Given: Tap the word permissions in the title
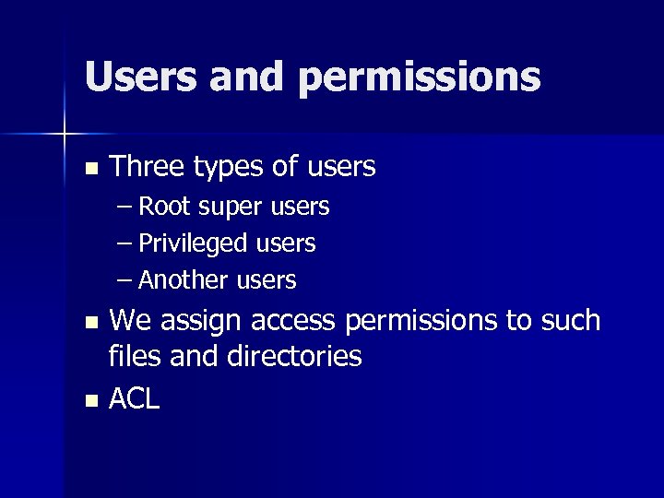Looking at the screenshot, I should [x=419, y=78].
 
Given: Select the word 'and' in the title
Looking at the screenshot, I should [x=248, y=77].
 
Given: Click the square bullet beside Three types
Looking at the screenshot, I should [x=89, y=169].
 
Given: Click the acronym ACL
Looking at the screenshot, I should [x=135, y=398].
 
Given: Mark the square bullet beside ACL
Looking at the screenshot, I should [x=89, y=400].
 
